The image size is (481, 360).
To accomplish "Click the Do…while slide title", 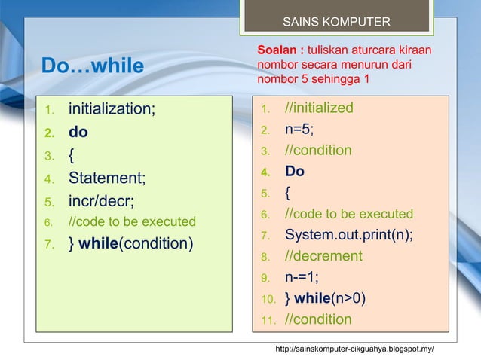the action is pos(93,66).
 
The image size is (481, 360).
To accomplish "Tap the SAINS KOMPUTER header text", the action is pos(336,22).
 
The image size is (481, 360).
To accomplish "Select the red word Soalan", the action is pos(277,50).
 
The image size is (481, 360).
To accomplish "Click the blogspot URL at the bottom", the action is pos(354,349).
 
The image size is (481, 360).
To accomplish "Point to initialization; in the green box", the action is pos(112,108).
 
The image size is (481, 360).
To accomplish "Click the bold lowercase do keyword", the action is pos(78,132).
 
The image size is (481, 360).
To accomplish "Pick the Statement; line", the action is pos(107,178).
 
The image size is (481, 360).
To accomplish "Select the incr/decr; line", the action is pos(102,201).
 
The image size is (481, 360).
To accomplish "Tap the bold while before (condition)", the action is pos(98,243).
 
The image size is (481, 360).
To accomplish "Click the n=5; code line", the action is pos(299,129).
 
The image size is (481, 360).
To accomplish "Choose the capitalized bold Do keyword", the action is pos(295,171).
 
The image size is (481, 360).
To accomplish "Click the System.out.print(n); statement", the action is pos(349,235).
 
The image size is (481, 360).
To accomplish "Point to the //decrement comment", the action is pos(323,256).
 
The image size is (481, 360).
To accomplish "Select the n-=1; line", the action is pos(302,277).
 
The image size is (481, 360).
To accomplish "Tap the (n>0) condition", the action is pos(348,298).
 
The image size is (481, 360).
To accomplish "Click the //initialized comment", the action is pos(319,108).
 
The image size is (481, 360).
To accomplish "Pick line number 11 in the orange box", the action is pos(268,320).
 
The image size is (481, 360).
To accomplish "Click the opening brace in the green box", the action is pos(71,155).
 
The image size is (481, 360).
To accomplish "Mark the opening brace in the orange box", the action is pos(287,193).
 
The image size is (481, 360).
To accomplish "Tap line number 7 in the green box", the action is pos(50,245).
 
